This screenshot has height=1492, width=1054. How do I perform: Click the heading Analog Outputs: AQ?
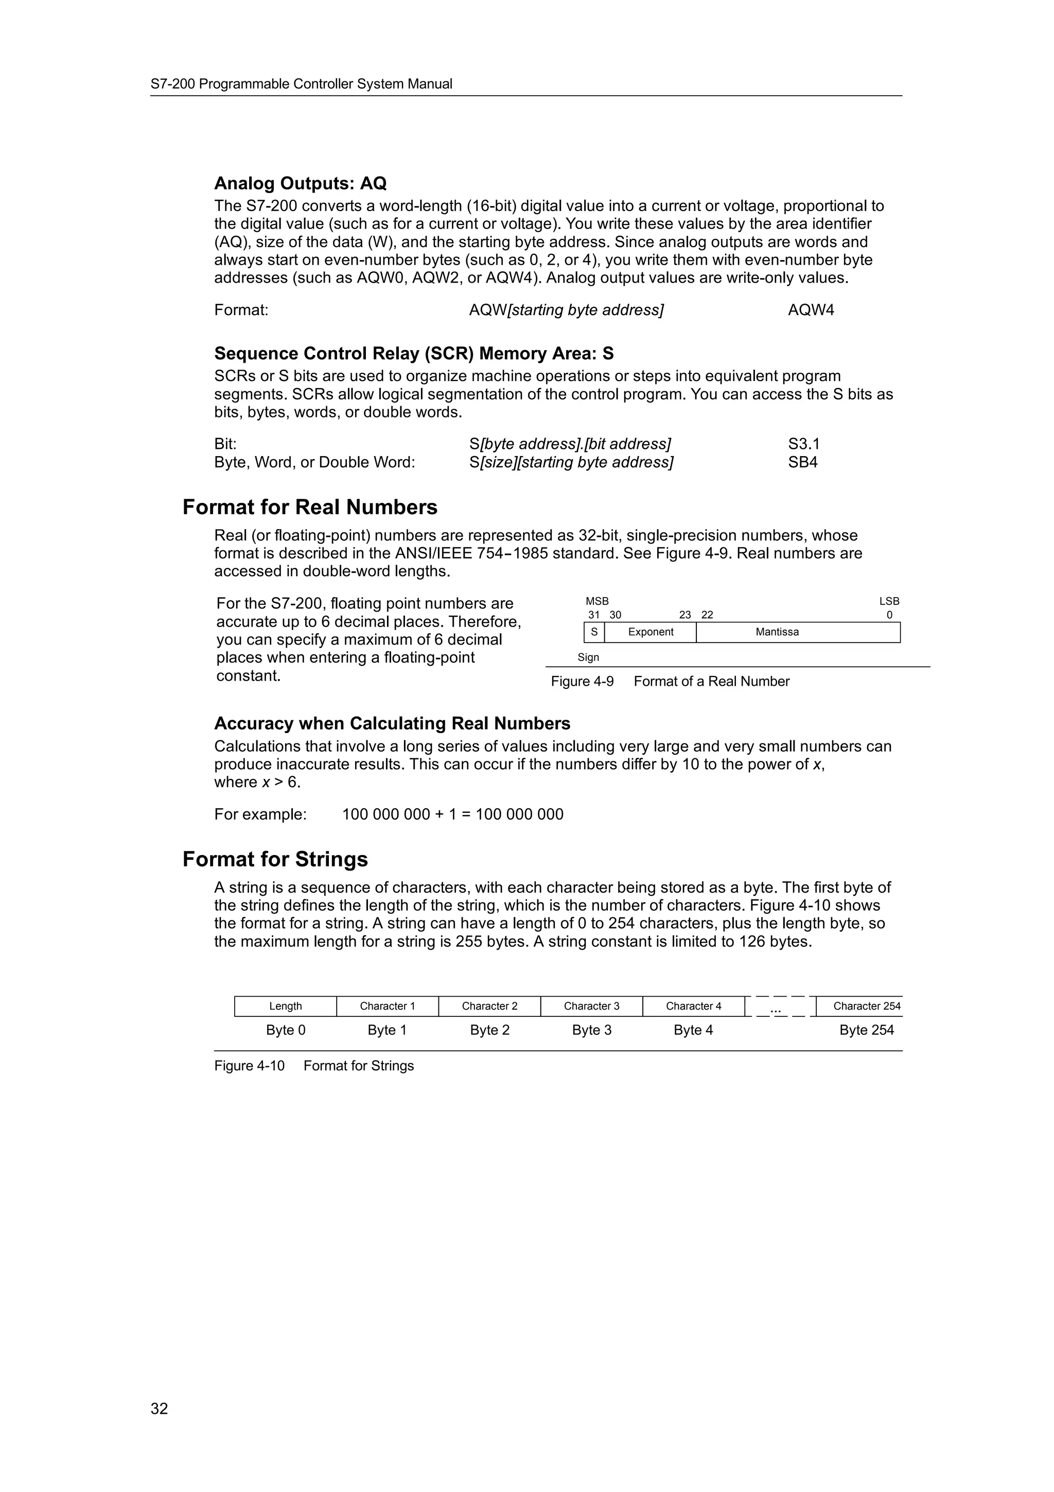point(300,184)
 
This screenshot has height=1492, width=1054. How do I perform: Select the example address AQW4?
point(811,310)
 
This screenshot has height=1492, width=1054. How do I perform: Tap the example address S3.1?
point(803,444)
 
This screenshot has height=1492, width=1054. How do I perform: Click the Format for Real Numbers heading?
point(310,507)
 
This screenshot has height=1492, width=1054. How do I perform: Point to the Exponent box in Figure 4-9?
point(650,632)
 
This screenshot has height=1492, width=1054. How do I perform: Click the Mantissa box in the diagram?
point(777,632)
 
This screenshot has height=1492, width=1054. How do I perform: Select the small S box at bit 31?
point(593,632)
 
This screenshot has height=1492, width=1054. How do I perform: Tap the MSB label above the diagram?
point(597,602)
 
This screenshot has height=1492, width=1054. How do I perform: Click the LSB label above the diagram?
point(888,602)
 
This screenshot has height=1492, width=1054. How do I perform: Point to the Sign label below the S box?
point(588,657)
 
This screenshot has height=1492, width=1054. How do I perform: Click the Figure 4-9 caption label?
point(582,682)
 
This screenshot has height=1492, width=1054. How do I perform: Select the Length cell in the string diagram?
point(285,1007)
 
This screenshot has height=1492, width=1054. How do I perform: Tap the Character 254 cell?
point(866,1007)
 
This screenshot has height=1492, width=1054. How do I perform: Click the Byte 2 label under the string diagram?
point(489,1030)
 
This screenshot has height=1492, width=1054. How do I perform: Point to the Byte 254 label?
point(866,1030)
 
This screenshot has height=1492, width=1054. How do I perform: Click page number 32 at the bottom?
point(159,1409)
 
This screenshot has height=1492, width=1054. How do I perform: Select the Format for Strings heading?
point(275,859)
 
